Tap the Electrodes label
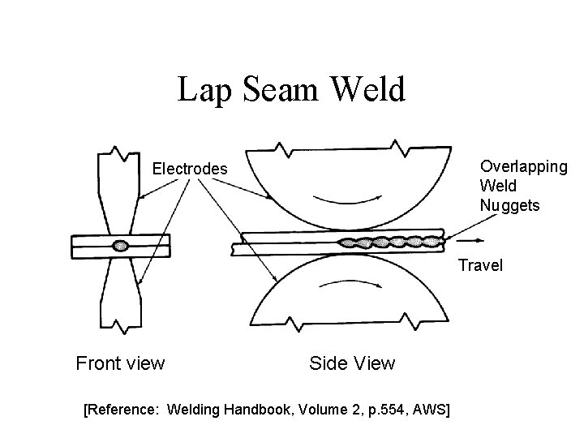(191, 170)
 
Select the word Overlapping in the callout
(523, 166)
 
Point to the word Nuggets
(509, 205)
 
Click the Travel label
(480, 265)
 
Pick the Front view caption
(120, 363)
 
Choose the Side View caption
(352, 363)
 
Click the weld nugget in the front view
(121, 246)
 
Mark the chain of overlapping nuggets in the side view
(390, 241)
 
